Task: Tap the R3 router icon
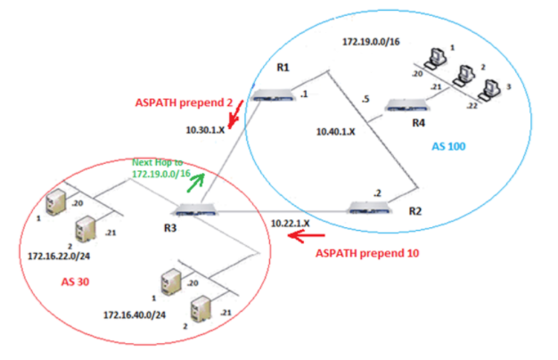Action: (x=192, y=210)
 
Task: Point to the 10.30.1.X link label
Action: (x=207, y=130)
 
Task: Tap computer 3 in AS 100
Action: (x=488, y=90)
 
